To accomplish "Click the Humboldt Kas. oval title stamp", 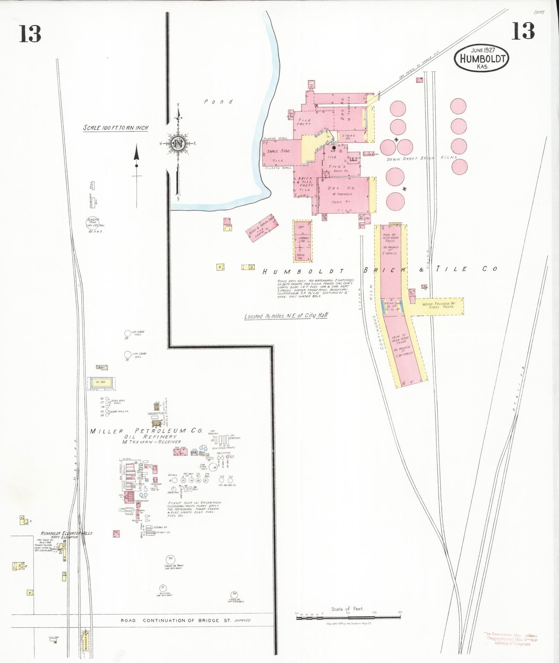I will coord(482,58).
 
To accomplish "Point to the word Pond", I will coord(218,102).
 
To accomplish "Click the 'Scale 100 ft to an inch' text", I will coord(116,128).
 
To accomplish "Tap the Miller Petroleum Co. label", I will coord(146,431).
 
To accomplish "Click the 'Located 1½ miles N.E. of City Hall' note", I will coord(286,316).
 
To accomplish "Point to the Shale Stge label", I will coord(278,151).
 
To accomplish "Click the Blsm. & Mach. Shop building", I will coord(262,228).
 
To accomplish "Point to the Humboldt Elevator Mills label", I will coord(67,533).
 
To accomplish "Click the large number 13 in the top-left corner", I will coord(30,34).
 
